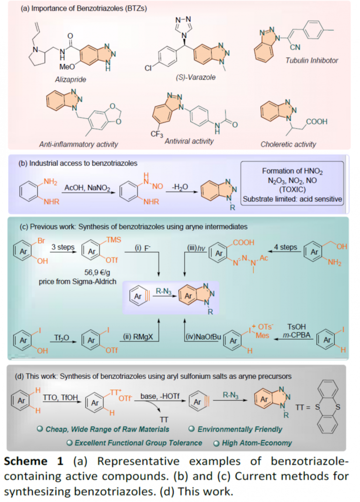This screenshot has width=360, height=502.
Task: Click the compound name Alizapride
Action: [x=70, y=79]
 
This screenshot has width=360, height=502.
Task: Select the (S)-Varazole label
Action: [x=196, y=77]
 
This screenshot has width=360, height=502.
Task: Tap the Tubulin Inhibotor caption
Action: [x=312, y=60]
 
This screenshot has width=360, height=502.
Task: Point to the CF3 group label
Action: [x=157, y=134]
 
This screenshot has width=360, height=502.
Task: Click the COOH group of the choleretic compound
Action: [x=317, y=122]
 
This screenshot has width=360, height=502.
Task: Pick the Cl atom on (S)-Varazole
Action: [x=148, y=68]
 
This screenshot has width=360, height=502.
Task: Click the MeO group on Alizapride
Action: [x=67, y=67]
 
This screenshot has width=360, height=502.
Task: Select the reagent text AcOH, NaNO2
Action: [x=87, y=188]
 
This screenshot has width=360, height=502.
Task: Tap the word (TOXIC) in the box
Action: [x=292, y=190]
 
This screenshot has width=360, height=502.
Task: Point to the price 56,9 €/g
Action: [x=97, y=273]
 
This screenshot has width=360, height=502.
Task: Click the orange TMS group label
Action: [x=113, y=240]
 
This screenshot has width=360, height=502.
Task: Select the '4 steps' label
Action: [x=285, y=247]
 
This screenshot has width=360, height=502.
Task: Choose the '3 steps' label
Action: [x=63, y=247]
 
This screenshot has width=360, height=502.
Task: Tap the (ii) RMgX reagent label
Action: [x=138, y=337]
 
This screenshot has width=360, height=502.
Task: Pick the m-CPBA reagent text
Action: [x=297, y=335]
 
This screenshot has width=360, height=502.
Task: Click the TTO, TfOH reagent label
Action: [x=60, y=397]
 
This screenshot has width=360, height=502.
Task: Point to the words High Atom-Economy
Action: [x=257, y=443]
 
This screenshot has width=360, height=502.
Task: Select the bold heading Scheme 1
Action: [x=34, y=461]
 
